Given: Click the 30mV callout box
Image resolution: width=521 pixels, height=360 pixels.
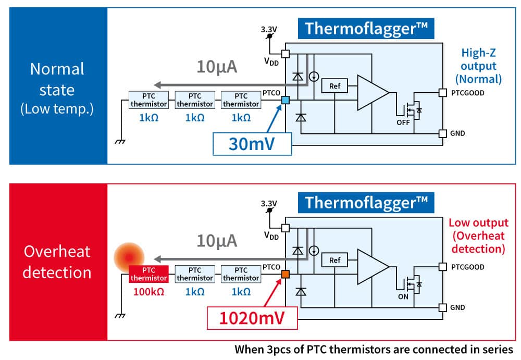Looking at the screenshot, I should [x=251, y=143].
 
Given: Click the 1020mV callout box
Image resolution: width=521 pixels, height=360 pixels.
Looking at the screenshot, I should [x=252, y=317].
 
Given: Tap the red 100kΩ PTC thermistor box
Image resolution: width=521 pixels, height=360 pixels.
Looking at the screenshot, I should [x=148, y=274].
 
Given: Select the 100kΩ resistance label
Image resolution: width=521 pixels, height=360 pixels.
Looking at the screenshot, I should [x=148, y=292].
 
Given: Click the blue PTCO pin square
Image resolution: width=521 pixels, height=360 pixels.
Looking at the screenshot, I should [x=285, y=100].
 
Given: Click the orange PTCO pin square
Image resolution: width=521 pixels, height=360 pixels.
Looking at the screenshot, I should [x=285, y=274].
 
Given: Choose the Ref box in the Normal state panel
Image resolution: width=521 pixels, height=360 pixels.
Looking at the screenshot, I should [x=334, y=85].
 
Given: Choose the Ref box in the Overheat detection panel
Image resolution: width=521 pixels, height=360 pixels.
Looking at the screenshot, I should [x=334, y=259].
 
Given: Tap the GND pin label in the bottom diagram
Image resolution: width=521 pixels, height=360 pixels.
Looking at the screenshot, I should [x=458, y=307].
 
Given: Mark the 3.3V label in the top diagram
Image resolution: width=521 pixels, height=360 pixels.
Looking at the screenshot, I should [x=269, y=30].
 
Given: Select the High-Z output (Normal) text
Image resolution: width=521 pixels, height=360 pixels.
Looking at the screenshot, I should [x=478, y=66].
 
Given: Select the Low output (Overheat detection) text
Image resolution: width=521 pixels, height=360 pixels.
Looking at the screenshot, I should [x=478, y=236].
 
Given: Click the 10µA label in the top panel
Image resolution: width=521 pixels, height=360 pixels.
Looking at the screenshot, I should [x=217, y=66].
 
